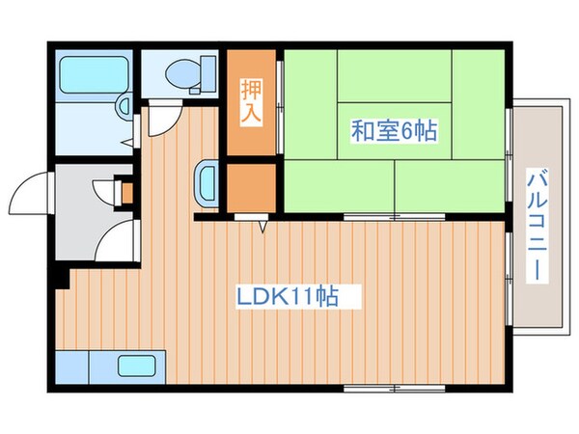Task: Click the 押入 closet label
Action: click(x=249, y=98)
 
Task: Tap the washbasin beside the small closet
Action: click(x=207, y=179)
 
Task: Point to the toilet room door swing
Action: click(x=163, y=114)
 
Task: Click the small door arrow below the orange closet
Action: click(x=262, y=228)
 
